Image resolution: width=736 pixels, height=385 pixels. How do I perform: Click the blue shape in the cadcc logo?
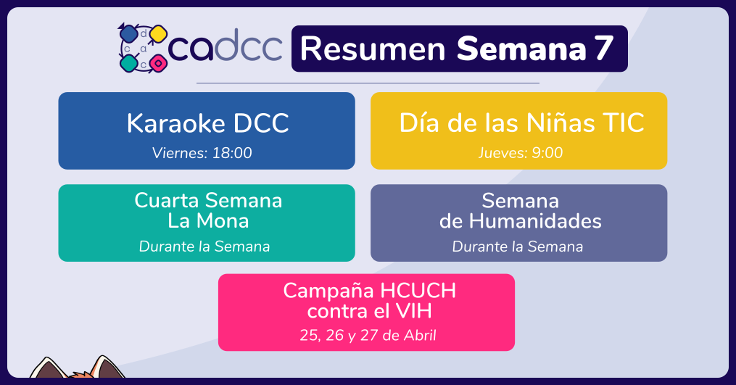click(128, 34)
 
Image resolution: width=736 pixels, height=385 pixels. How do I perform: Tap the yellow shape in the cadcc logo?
click(158, 34)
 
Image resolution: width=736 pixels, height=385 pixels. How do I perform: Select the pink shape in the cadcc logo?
click(158, 63)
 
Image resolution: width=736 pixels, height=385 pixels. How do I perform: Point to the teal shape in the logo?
click(128, 63)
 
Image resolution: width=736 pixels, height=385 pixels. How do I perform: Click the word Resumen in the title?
click(373, 49)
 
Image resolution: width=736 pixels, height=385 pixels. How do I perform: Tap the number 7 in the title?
click(605, 48)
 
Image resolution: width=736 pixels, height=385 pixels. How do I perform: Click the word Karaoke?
click(176, 123)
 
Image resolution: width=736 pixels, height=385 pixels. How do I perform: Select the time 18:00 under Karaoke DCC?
click(232, 152)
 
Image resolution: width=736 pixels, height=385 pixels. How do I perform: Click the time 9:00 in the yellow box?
click(547, 152)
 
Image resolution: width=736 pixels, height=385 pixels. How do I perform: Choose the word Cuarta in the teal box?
click(167, 201)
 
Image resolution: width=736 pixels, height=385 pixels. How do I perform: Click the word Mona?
click(223, 220)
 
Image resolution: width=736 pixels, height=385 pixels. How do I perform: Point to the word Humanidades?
click(535, 221)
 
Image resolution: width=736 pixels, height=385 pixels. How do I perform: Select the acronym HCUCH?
click(418, 291)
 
